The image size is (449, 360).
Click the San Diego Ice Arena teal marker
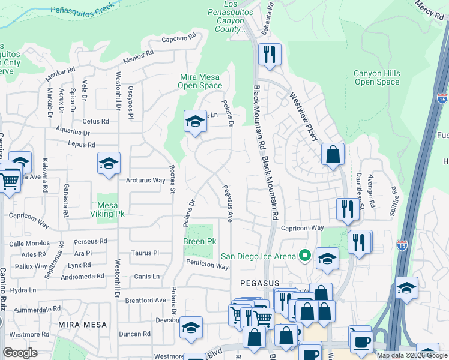305,256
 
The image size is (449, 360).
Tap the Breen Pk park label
199,241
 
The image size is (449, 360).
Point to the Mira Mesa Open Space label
200,81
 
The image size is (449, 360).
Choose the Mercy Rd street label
429,10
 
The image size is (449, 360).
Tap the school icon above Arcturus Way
109,163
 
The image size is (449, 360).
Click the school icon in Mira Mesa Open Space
194,121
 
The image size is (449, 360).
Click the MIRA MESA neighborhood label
82,324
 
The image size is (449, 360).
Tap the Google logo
20,352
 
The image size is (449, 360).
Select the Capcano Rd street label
179,40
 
